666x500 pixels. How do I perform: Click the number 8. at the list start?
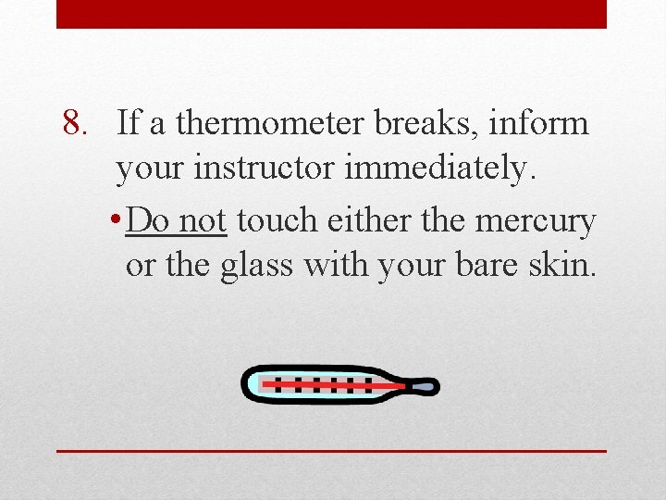click(x=80, y=123)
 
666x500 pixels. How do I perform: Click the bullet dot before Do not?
click(x=114, y=222)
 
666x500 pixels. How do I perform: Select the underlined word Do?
click(x=147, y=220)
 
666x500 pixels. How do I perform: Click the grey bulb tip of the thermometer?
click(x=427, y=384)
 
